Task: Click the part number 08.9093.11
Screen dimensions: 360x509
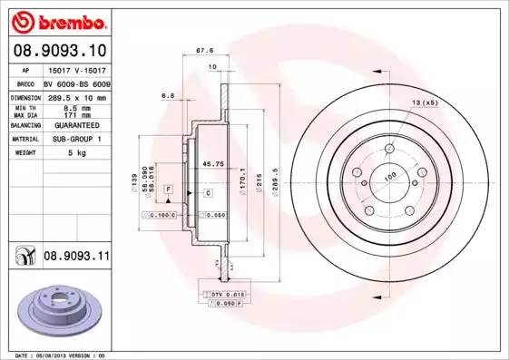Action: click(x=76, y=257)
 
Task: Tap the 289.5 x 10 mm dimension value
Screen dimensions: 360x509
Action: click(x=76, y=97)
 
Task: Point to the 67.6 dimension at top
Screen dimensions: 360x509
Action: click(x=216, y=51)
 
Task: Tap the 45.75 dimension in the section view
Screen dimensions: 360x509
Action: click(x=213, y=164)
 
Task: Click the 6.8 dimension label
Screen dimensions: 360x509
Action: click(x=167, y=93)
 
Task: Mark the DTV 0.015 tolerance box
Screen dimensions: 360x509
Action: click(x=228, y=295)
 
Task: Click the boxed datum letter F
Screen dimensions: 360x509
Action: click(x=168, y=187)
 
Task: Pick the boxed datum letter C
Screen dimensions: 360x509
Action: click(x=208, y=193)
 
